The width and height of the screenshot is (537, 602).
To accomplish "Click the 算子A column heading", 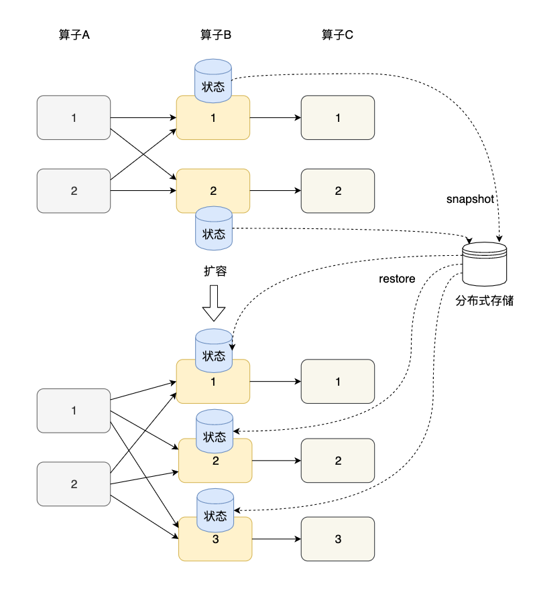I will pyautogui.click(x=74, y=35).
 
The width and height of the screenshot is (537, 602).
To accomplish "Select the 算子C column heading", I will pyautogui.click(x=337, y=35).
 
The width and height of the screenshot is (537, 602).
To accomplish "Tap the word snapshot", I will pyautogui.click(x=470, y=200).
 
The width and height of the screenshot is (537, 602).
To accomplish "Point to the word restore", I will pyautogui.click(x=397, y=279).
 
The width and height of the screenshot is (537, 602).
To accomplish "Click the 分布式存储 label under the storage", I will pyautogui.click(x=485, y=301).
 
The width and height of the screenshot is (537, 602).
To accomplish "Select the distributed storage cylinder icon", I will pyautogui.click(x=485, y=264).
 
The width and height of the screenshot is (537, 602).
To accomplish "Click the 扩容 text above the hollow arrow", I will pyautogui.click(x=215, y=271).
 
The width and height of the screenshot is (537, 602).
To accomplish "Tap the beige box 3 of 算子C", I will pyautogui.click(x=337, y=539).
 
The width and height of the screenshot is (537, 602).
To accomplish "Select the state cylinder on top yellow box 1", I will pyautogui.click(x=213, y=81).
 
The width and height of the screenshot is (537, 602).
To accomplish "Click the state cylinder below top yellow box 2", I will pyautogui.click(x=213, y=228).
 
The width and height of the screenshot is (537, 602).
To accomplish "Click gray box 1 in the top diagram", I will pyautogui.click(x=74, y=118).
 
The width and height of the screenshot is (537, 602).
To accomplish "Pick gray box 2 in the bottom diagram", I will pyautogui.click(x=74, y=484).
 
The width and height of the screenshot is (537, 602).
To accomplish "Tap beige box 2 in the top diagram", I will pyautogui.click(x=337, y=191).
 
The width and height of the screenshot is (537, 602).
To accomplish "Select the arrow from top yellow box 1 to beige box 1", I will pyautogui.click(x=275, y=118).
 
